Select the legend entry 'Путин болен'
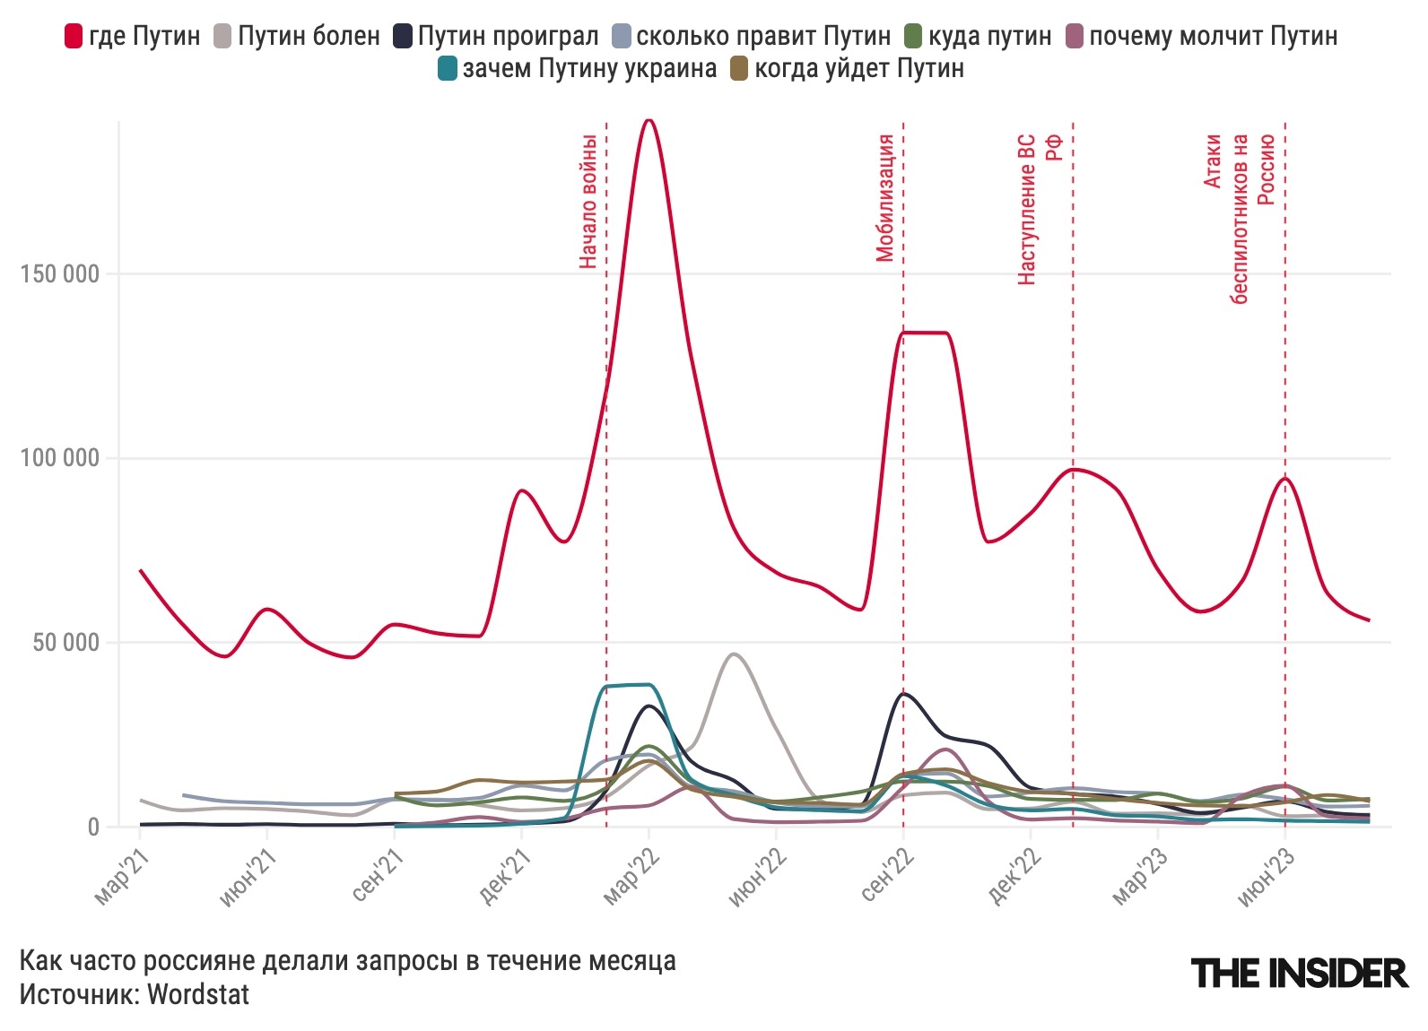296,36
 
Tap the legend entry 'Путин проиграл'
496,36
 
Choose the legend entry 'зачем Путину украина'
578,68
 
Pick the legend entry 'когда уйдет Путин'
848,68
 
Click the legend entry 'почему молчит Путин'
1201,36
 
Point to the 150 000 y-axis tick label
59,274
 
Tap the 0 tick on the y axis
93,827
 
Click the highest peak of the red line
649,120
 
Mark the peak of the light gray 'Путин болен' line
735,654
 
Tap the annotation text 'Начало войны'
588,201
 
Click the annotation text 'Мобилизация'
885,197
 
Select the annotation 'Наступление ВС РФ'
1040,209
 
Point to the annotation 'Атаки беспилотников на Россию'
1239,219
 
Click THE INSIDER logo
1299,973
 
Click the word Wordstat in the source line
198,993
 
